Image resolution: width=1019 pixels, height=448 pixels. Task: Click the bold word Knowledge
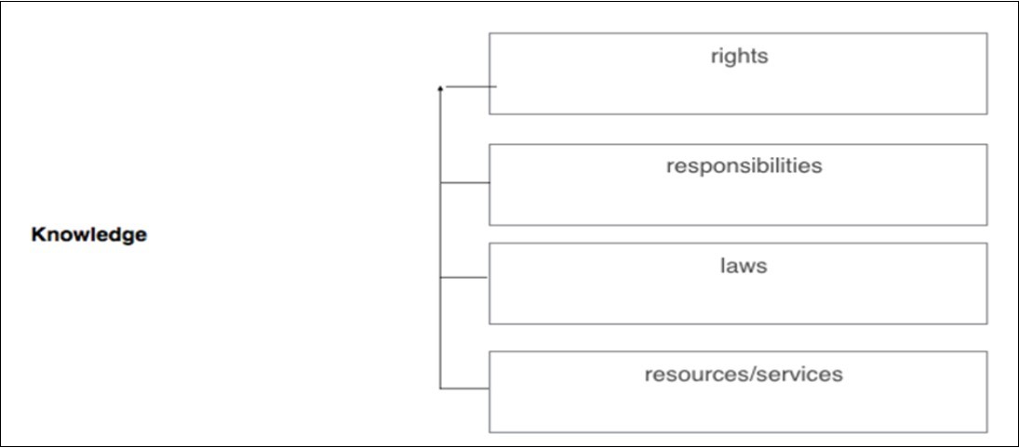click(x=88, y=235)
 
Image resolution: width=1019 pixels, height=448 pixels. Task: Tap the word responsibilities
click(x=744, y=166)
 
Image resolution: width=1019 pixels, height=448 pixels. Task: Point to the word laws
click(x=743, y=266)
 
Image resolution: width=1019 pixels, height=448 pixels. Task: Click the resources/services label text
click(x=743, y=375)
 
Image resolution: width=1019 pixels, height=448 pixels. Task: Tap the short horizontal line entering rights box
click(x=471, y=86)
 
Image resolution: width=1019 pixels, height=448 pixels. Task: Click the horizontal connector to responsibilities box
click(x=464, y=183)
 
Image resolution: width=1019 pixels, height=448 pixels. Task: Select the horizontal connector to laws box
click(x=464, y=277)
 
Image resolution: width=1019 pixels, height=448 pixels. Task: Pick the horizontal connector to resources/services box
click(x=464, y=389)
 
